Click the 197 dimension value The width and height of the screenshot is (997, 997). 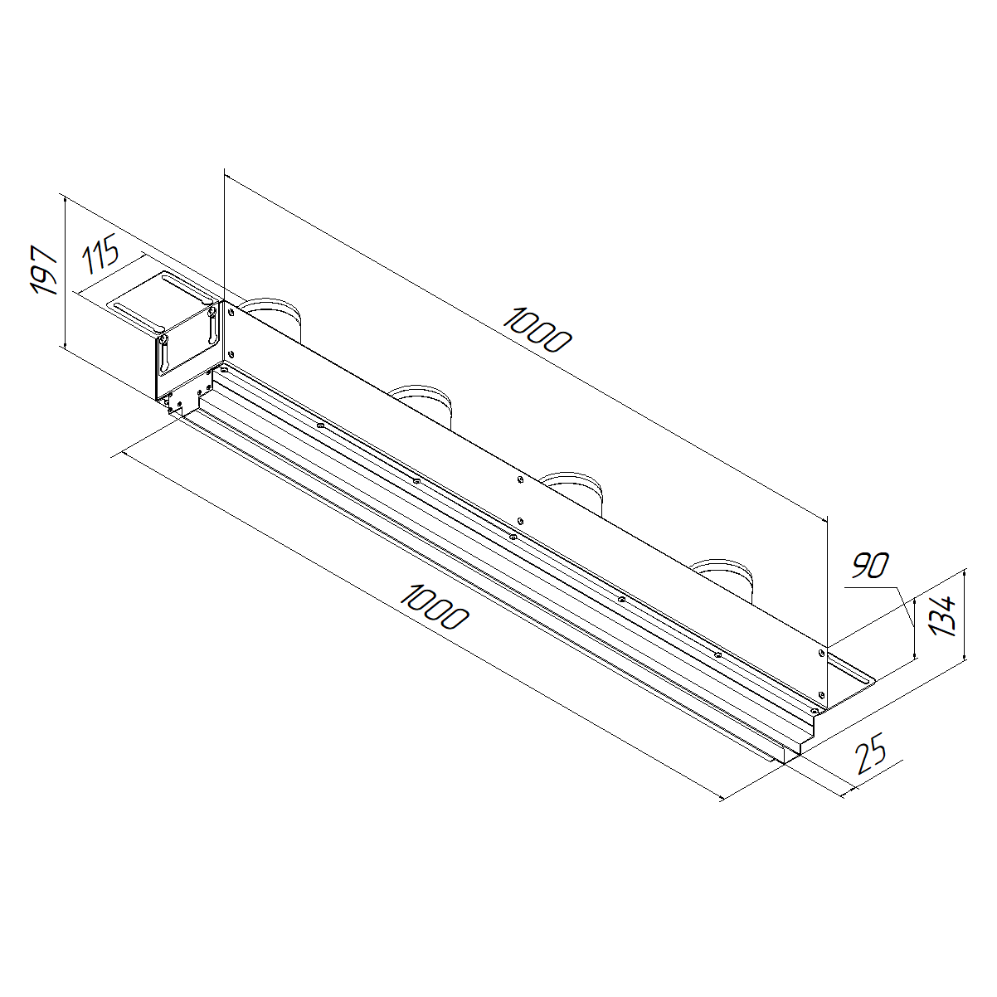point(44,271)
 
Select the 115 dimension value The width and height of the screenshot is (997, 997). point(101,253)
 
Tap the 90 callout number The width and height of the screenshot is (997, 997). point(870,566)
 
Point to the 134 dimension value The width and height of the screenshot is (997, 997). point(942,615)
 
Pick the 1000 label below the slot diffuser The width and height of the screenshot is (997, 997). point(435,606)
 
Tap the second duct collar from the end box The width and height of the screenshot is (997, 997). point(421,405)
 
